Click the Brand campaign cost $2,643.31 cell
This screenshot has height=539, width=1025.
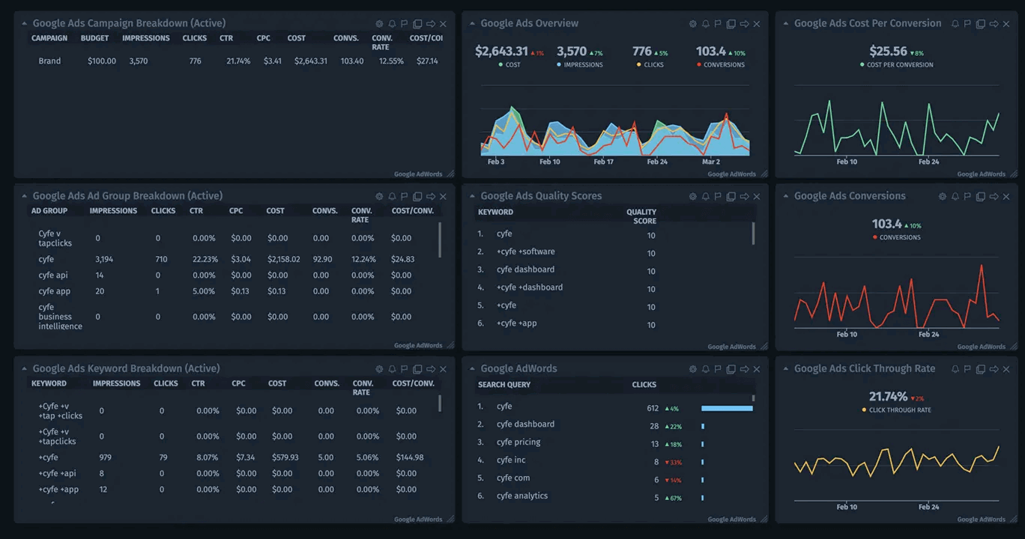311,61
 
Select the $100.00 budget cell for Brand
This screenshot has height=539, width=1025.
102,61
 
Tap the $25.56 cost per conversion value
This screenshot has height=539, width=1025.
889,52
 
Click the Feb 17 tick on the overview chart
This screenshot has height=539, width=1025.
603,162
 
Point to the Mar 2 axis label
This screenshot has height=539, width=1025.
710,162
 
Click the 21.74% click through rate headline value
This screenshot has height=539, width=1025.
888,397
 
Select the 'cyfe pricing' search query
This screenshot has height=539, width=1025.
518,442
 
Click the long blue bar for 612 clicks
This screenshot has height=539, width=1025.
727,408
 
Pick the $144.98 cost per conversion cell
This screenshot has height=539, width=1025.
409,457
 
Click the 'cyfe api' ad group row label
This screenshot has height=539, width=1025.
52,275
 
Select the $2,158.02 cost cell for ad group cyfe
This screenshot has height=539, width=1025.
283,259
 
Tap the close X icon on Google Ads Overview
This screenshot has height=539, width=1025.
757,24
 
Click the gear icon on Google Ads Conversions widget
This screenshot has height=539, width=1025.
943,196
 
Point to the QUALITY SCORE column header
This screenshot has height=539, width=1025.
641,216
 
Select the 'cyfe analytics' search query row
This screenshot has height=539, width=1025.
521,496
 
